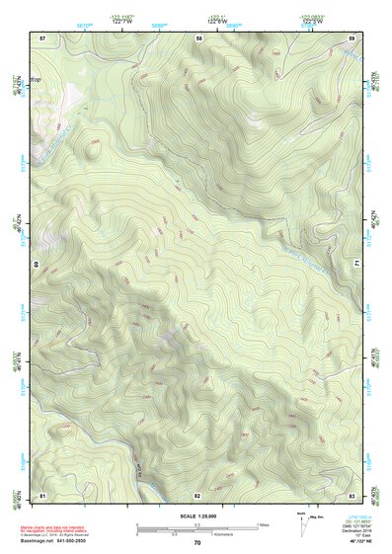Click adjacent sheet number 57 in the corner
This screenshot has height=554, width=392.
[42, 38]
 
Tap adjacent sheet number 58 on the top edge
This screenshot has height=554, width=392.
[198, 38]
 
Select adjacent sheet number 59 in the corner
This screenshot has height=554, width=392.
[352, 38]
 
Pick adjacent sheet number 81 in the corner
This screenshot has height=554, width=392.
[42, 494]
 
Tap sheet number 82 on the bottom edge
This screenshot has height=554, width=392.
[197, 494]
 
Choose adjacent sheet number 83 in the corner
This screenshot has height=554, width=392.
[352, 494]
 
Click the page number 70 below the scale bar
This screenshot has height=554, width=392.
[197, 543]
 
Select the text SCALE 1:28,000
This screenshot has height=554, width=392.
[197, 516]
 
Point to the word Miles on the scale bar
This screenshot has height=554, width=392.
[263, 524]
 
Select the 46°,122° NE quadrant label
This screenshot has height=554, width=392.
[354, 542]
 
